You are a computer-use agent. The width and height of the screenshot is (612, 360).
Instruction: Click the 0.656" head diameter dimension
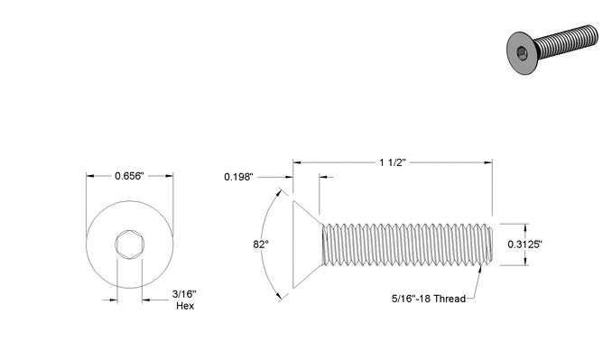tap(130, 176)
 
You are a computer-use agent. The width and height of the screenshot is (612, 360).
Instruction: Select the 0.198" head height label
tap(239, 177)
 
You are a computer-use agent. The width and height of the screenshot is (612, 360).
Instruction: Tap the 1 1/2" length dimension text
tap(393, 162)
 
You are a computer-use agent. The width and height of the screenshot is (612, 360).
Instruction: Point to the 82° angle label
tap(261, 245)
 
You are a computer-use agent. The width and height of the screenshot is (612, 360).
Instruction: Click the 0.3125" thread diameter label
tap(525, 245)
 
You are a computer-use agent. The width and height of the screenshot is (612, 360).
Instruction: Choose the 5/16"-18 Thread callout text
tap(429, 299)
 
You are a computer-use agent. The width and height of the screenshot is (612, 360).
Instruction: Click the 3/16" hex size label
tap(184, 294)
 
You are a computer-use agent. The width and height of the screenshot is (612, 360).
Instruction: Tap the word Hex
tap(185, 306)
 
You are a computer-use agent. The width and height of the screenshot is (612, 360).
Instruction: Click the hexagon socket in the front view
tap(130, 245)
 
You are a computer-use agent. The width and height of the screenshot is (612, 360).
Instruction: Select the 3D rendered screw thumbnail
tap(552, 48)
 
